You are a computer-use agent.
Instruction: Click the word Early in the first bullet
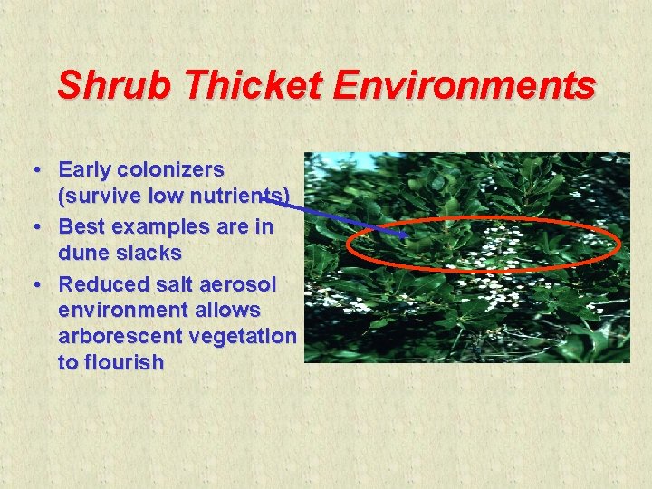86,169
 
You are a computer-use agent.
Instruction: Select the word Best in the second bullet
81,226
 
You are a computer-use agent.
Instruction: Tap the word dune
84,253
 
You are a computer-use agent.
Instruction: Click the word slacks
149,253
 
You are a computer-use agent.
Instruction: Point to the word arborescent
123,336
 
